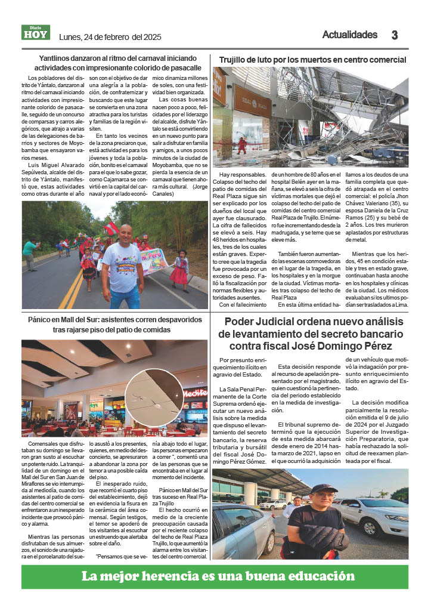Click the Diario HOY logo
coord(36,33)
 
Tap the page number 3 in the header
coord(394,35)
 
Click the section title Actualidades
coord(349,35)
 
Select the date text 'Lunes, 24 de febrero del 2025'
coord(110,37)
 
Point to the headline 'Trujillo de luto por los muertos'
coord(312,60)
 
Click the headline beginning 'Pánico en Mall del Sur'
coord(114,325)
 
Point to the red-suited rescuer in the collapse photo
coord(241,145)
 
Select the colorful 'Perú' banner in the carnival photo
coord(153,261)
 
